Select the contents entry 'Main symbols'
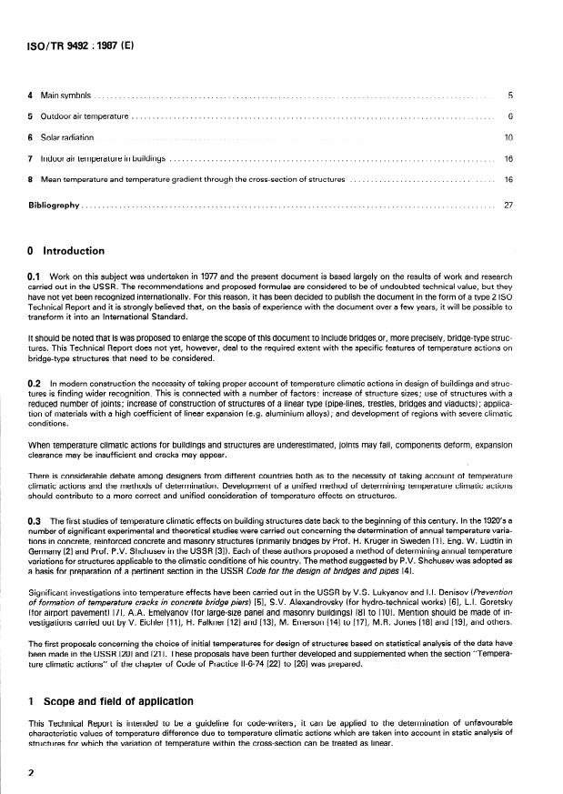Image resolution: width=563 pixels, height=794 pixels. point(60,95)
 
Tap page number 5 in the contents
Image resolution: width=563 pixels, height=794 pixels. point(509,95)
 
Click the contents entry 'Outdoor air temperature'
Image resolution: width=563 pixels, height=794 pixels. point(79,116)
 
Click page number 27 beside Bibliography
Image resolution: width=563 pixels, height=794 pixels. point(508,205)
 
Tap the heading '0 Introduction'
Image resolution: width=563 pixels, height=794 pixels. point(65,251)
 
